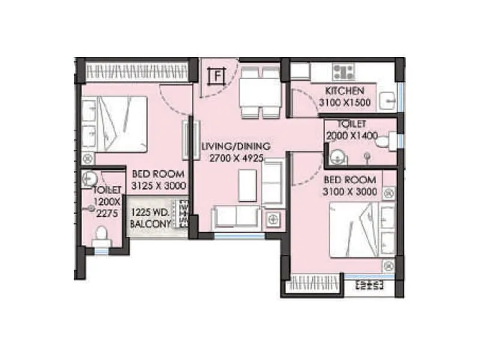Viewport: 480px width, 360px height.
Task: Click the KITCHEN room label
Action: tap(344, 91)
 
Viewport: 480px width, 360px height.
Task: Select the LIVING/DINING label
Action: tap(236, 146)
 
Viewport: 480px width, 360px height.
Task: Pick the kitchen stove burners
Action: tap(344, 72)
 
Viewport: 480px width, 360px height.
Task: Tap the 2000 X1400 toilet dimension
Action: tap(352, 136)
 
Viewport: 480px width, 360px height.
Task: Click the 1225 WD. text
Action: tap(151, 212)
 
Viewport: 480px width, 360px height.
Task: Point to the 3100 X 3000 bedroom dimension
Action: tap(350, 192)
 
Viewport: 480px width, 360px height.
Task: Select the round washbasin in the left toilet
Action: tap(89, 178)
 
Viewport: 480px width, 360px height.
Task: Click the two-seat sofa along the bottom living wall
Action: tap(236, 216)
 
